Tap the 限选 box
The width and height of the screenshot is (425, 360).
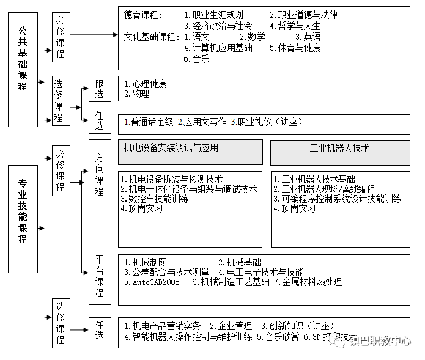click(x=100, y=89)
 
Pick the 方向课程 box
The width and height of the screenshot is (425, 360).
click(x=100, y=174)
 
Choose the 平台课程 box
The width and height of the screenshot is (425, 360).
click(x=100, y=277)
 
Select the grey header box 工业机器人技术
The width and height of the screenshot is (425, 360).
click(x=340, y=148)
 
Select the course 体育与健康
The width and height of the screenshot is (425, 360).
click(x=299, y=48)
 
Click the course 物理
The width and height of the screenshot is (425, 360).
click(x=140, y=94)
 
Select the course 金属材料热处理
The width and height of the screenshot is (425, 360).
click(x=311, y=282)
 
